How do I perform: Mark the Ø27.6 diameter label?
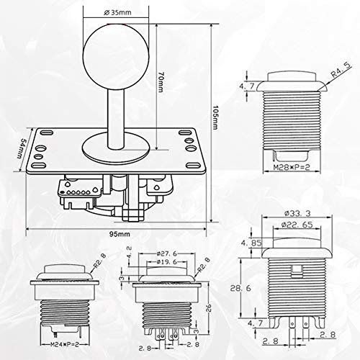coord(167,253)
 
